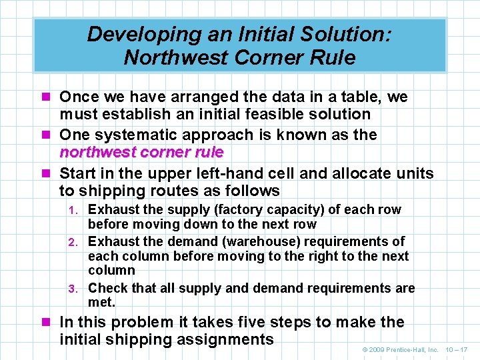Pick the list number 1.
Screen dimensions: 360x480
[77, 210]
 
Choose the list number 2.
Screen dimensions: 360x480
[77, 242]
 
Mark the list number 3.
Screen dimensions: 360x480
[77, 289]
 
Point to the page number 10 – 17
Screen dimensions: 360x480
[457, 349]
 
